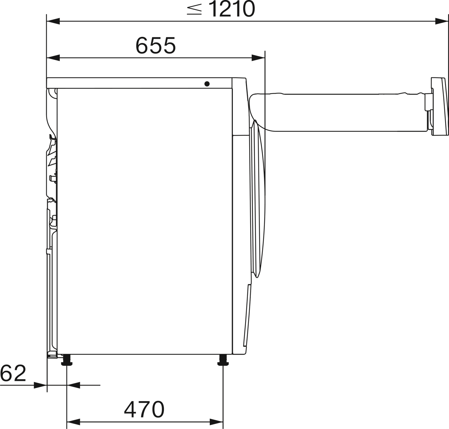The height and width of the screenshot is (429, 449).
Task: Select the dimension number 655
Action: tap(156, 46)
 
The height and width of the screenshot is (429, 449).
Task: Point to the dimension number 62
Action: tap(13, 373)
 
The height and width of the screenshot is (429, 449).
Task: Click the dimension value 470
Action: tap(144, 409)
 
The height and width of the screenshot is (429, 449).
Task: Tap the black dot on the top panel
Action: tap(207, 84)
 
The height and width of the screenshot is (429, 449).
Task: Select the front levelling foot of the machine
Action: tap(223, 359)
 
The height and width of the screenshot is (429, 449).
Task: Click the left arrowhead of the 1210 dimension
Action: tap(53, 21)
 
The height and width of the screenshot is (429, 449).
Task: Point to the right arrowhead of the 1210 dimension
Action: tap(442, 21)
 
